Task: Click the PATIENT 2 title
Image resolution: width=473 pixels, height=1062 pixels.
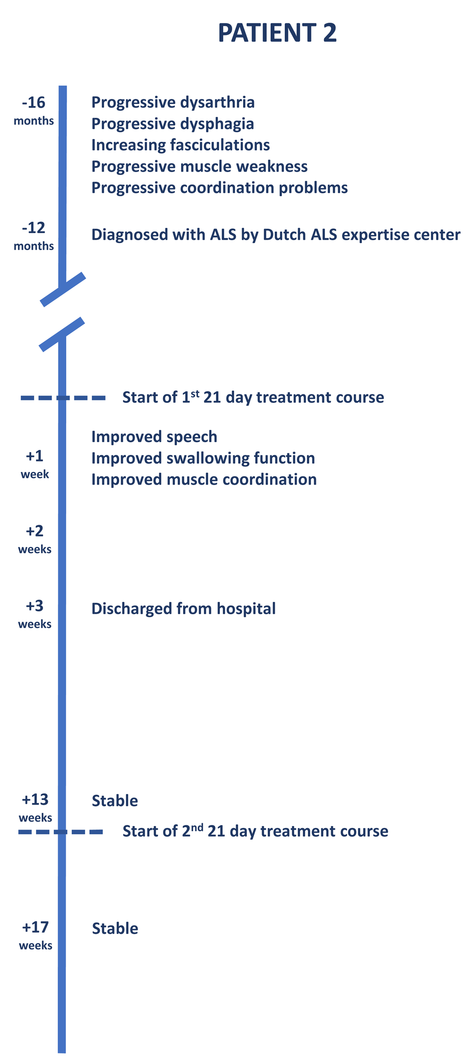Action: tap(277, 33)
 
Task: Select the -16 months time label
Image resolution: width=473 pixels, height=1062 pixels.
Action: tap(34, 111)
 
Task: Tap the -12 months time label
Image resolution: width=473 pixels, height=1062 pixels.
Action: tap(34, 236)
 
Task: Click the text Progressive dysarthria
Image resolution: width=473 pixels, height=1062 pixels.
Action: tap(173, 103)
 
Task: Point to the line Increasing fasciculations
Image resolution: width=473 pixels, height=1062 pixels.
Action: tap(181, 145)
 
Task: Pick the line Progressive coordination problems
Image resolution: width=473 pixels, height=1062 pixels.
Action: tap(219, 188)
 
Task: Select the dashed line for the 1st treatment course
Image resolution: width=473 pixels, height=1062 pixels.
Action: tap(63, 398)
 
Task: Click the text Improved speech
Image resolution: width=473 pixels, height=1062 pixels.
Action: tap(154, 437)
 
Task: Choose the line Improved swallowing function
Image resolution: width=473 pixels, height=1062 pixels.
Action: tap(203, 458)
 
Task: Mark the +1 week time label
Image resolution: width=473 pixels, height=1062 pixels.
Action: tap(35, 464)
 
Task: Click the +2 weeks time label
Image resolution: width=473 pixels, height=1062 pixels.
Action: tap(35, 540)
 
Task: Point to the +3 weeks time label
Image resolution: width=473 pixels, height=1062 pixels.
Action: tap(35, 614)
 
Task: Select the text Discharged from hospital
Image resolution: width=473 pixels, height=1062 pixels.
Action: tap(184, 609)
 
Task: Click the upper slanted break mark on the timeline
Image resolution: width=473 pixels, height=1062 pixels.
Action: tap(63, 289)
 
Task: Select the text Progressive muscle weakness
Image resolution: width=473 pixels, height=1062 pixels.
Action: tap(200, 166)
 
